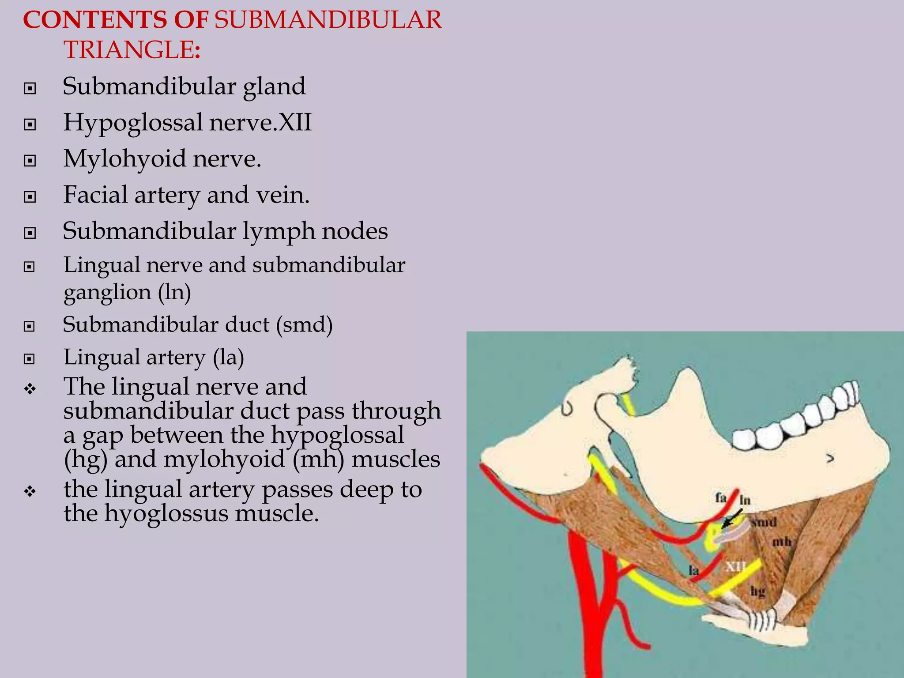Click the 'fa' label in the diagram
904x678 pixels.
[x=720, y=498]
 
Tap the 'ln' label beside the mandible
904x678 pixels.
[x=745, y=500]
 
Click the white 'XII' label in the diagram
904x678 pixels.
[x=735, y=566]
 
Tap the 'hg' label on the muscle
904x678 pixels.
[x=757, y=591]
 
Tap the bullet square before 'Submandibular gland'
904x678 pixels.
[x=30, y=89]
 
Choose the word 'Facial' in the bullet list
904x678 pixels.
[x=95, y=195]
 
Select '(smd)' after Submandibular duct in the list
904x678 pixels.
[x=305, y=325]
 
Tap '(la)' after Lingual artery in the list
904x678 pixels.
[x=228, y=357]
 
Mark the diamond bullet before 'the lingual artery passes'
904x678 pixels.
[x=30, y=491]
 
